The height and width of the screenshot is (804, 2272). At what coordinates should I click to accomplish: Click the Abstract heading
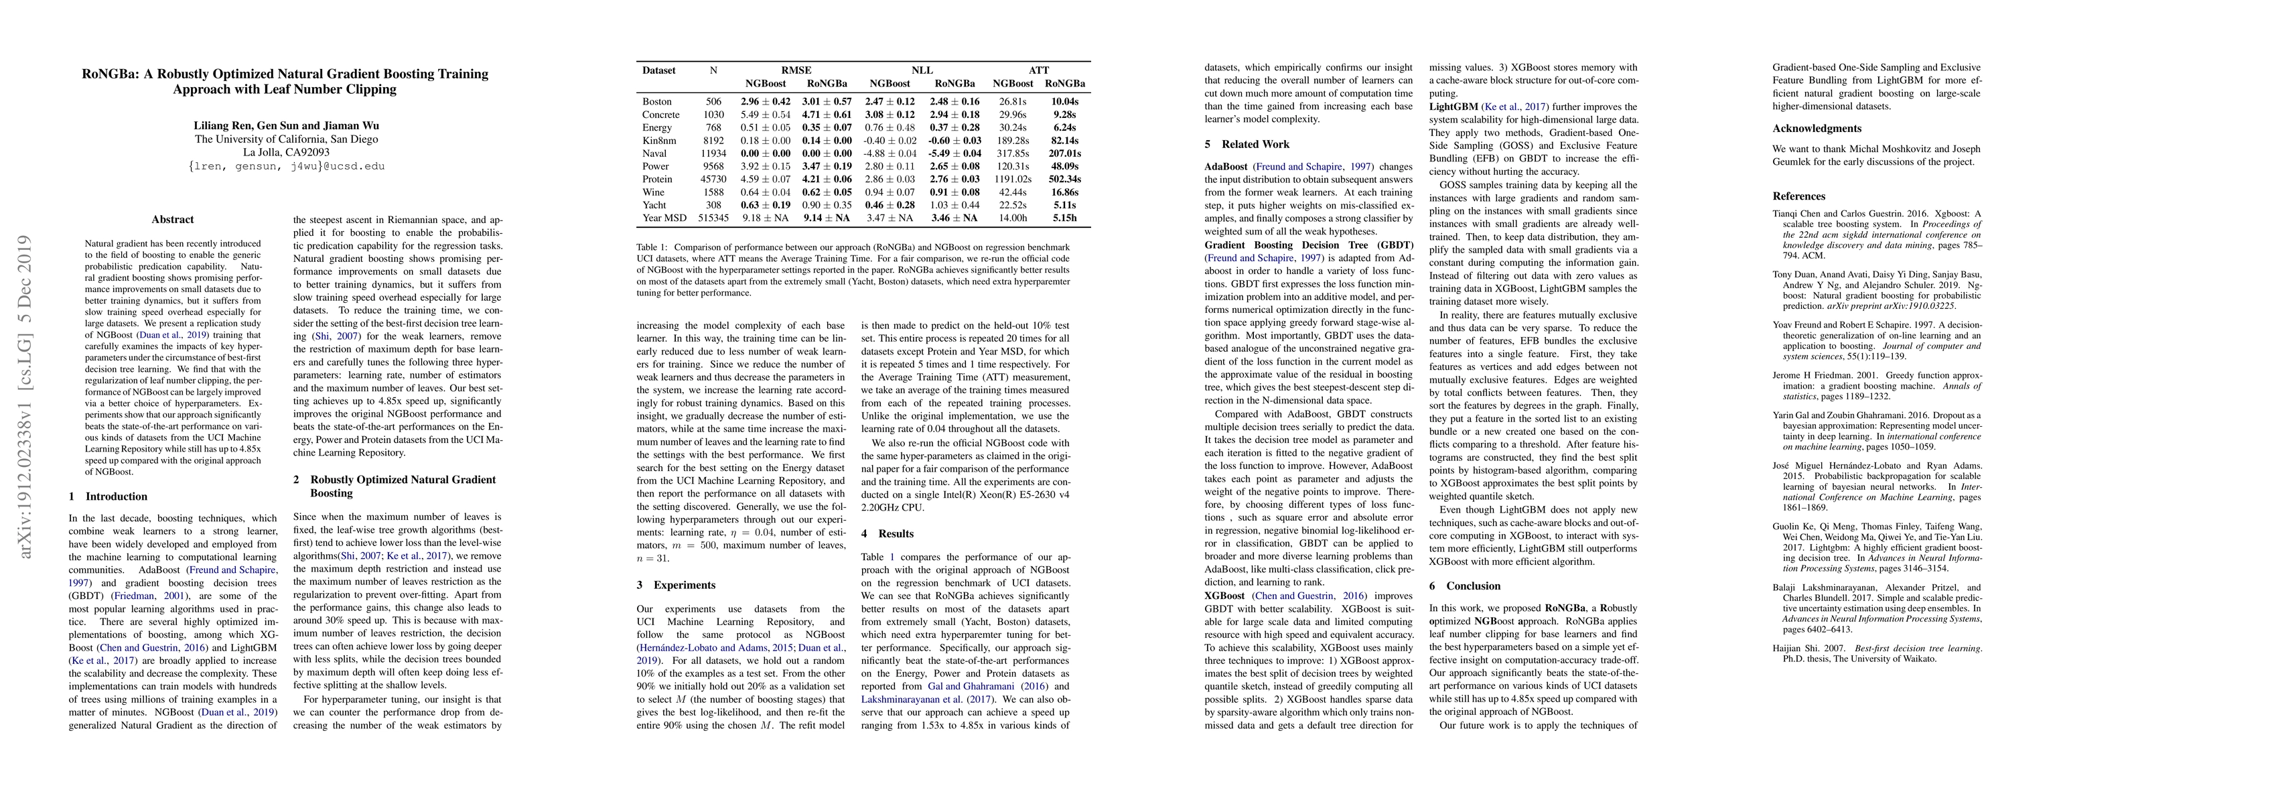[172, 220]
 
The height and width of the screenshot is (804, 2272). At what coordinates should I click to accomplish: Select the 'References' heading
[1799, 196]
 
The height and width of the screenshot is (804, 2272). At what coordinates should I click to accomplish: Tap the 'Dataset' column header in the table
[659, 70]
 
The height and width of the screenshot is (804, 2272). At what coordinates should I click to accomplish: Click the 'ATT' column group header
[1039, 70]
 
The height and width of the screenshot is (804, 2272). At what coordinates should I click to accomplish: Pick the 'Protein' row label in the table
[658, 179]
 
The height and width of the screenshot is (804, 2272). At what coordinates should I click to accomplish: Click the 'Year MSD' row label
[664, 218]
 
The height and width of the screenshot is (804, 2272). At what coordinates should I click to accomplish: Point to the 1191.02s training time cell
[1013, 179]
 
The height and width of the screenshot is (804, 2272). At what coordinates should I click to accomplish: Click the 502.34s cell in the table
[1064, 179]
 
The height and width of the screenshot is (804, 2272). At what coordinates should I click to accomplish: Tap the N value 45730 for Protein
[713, 179]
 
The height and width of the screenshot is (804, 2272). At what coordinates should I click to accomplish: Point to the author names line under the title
[286, 125]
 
